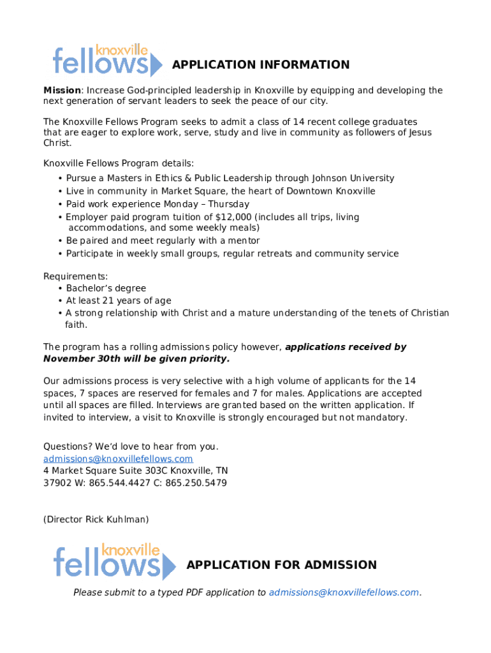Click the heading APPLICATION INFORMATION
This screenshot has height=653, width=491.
pyautogui.click(x=261, y=64)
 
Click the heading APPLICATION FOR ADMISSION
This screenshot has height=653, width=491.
pyautogui.click(x=281, y=564)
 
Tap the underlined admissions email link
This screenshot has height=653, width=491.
pyautogui.click(x=118, y=459)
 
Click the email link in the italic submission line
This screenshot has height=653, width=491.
pyautogui.click(x=344, y=592)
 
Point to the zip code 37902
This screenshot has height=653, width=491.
pyautogui.click(x=56, y=483)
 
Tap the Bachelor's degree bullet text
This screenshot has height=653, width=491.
pyautogui.click(x=106, y=288)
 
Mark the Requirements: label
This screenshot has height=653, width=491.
pyautogui.click(x=75, y=276)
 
